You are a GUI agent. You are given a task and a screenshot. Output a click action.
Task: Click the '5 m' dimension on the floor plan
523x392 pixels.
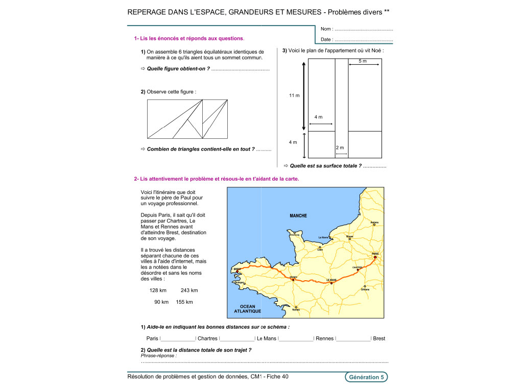pyautogui.click(x=363, y=61)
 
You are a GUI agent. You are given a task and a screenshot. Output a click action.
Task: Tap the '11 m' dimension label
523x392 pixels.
pyautogui.click(x=294, y=95)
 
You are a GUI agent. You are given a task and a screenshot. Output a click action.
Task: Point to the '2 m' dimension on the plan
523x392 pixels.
pyautogui.click(x=340, y=148)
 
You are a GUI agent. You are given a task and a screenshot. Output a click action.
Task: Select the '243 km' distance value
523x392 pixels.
pyautogui.click(x=189, y=290)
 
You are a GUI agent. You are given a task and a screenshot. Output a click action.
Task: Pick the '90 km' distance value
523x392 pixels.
pyautogui.click(x=161, y=302)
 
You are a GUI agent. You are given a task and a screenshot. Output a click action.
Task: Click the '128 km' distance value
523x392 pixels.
pyautogui.click(x=158, y=290)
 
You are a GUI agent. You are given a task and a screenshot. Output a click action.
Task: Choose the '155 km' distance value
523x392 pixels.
pyautogui.click(x=184, y=302)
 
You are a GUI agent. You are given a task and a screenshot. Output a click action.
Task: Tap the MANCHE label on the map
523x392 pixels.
pyautogui.click(x=298, y=216)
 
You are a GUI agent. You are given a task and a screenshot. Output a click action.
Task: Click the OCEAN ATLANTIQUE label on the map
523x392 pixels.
pyautogui.click(x=244, y=309)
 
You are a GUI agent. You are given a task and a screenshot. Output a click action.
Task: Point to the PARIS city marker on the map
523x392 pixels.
pyautogui.click(x=375, y=257)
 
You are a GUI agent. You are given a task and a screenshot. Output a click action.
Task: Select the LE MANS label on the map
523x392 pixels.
pyautogui.click(x=331, y=280)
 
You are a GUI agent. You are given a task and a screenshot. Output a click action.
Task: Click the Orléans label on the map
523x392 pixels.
pyautogui.click(x=365, y=289)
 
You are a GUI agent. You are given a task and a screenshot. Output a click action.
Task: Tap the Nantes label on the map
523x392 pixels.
pyautogui.click(x=296, y=310)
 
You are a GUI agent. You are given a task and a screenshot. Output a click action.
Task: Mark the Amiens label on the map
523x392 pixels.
pyautogui.click(x=374, y=222)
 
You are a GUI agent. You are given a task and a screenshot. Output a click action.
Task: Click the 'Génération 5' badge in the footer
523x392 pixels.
pyautogui.click(x=366, y=377)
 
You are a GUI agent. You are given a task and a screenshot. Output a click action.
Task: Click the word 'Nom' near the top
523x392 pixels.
pyautogui.click(x=326, y=29)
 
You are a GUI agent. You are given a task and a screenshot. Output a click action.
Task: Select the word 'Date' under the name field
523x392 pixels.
pyautogui.click(x=326, y=39)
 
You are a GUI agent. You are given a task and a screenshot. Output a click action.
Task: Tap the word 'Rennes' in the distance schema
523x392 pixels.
pyautogui.click(x=324, y=338)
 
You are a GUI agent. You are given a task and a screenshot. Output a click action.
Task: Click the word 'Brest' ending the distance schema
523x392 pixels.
pyautogui.click(x=379, y=338)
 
